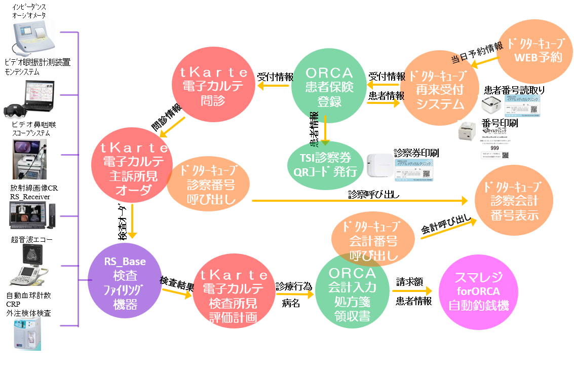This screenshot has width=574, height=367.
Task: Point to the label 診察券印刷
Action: click(x=415, y=153)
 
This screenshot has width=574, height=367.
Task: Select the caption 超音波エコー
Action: click(x=31, y=239)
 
